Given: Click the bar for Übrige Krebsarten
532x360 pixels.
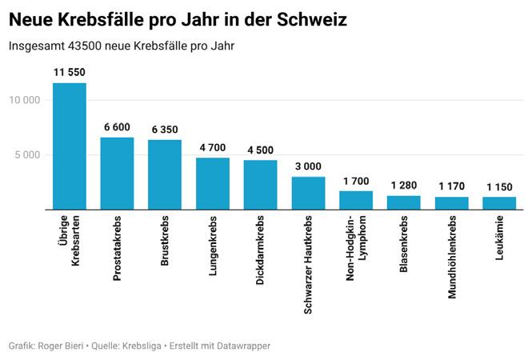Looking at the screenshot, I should [70, 146].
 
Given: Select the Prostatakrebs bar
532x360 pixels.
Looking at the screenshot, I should [117, 174].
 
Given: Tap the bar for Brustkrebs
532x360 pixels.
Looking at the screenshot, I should [165, 174].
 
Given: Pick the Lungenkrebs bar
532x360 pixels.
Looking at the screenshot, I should [213, 184].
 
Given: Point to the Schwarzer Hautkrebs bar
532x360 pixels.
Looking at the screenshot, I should [308, 193].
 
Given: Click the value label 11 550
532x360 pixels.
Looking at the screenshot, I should [70, 73].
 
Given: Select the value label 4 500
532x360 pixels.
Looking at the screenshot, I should [261, 150].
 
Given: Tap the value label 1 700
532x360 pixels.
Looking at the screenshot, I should [356, 181].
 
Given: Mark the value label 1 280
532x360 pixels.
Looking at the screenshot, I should [404, 186].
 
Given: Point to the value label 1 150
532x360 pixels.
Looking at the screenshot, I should [499, 186].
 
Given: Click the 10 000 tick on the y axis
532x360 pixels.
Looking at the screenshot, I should [25, 100].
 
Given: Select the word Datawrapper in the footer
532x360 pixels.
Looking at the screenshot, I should [241, 346].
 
